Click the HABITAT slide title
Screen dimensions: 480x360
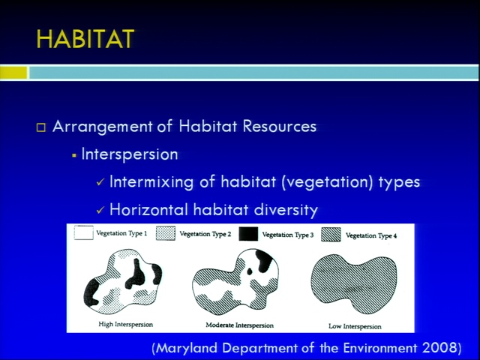pyautogui.click(x=85, y=39)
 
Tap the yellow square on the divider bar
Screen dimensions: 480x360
pyautogui.click(x=13, y=73)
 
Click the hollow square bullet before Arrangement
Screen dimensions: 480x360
pyautogui.click(x=41, y=127)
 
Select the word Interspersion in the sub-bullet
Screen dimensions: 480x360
pyautogui.click(x=130, y=154)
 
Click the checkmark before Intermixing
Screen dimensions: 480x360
pyautogui.click(x=100, y=183)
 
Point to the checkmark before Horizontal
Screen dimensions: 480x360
pyautogui.click(x=100, y=210)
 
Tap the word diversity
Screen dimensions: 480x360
pyautogui.click(x=286, y=210)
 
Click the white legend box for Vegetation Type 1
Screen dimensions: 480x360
pyautogui.click(x=83, y=232)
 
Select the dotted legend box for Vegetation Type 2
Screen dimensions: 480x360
pyautogui.click(x=166, y=233)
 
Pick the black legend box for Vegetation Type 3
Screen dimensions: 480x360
pyautogui.click(x=248, y=234)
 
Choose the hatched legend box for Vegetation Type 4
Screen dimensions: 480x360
pyautogui.click(x=331, y=235)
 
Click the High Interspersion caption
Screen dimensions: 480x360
pyautogui.click(x=125, y=324)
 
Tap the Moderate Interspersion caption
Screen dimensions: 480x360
pyautogui.click(x=239, y=325)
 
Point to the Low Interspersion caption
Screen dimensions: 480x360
pyautogui.click(x=355, y=326)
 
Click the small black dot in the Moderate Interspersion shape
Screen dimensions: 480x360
pyautogui.click(x=250, y=271)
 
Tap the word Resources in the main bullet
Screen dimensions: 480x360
pyautogui.click(x=280, y=127)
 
